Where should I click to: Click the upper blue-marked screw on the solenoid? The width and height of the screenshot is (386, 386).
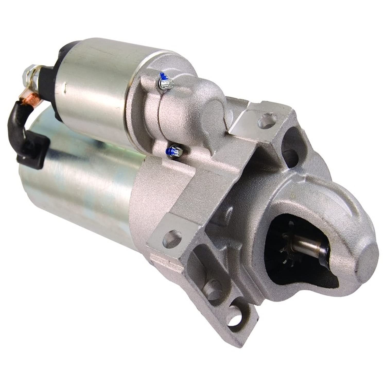point(165,82)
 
